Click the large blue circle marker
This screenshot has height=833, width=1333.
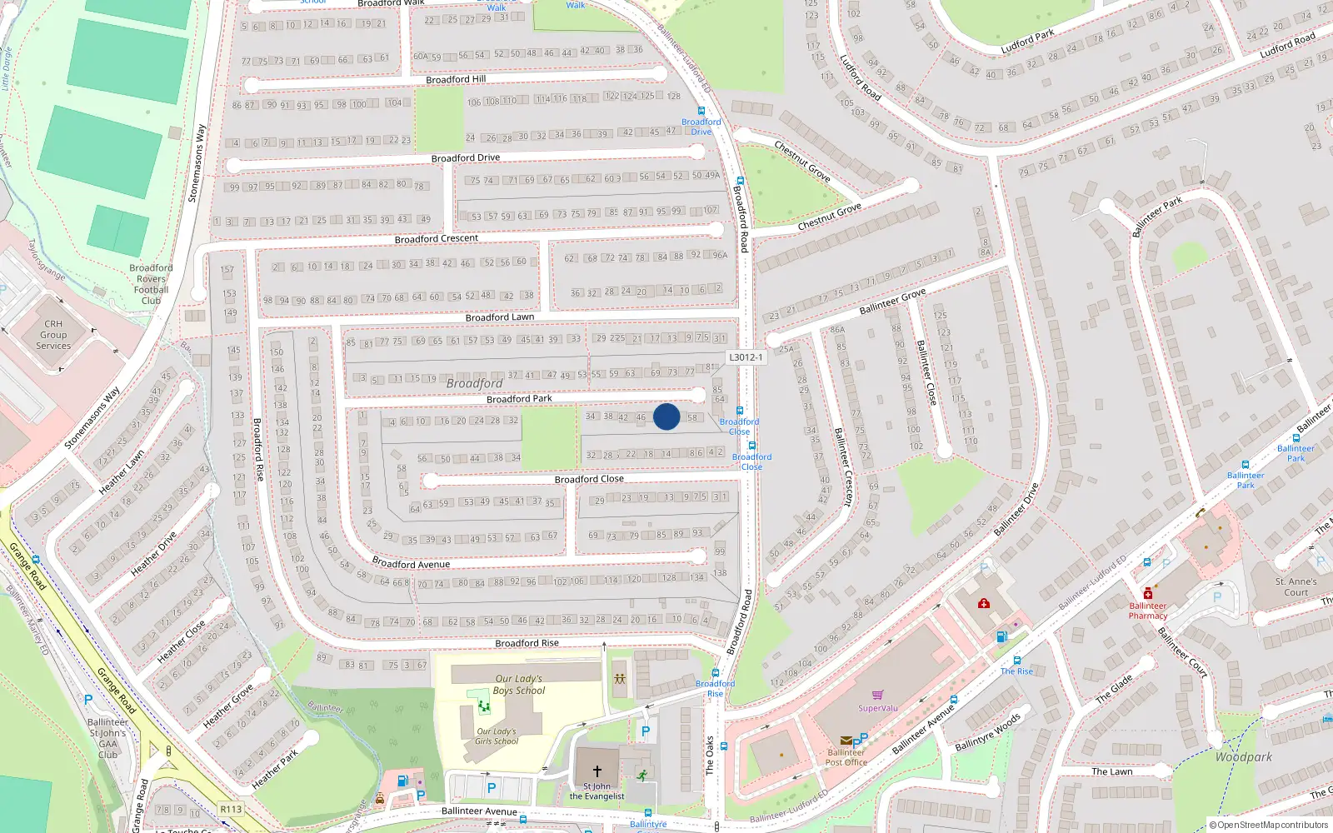point(666,416)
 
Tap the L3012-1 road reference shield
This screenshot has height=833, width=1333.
point(746,357)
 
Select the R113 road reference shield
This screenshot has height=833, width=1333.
point(231,809)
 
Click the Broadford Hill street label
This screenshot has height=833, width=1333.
point(456,80)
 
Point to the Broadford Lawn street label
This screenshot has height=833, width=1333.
point(500,317)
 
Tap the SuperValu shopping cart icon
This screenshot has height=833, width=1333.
point(877,695)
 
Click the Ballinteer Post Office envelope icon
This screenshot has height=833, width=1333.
point(846,740)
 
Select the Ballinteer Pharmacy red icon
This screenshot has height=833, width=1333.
point(1148,593)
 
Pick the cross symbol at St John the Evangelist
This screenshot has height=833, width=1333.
point(597,771)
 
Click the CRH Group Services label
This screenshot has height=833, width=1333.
point(53,335)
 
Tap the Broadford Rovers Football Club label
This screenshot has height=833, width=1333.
point(151,284)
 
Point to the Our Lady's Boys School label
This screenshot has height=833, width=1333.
point(518,684)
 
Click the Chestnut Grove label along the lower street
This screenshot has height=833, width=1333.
point(829,217)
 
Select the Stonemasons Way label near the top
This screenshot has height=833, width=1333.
point(197,163)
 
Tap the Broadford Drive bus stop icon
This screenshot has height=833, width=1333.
point(701,111)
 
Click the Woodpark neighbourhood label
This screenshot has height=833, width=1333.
point(1243,757)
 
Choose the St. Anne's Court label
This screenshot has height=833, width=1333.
point(1296,587)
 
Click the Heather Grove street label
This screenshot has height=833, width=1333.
point(228,706)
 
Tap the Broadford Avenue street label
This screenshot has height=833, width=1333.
point(411,564)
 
